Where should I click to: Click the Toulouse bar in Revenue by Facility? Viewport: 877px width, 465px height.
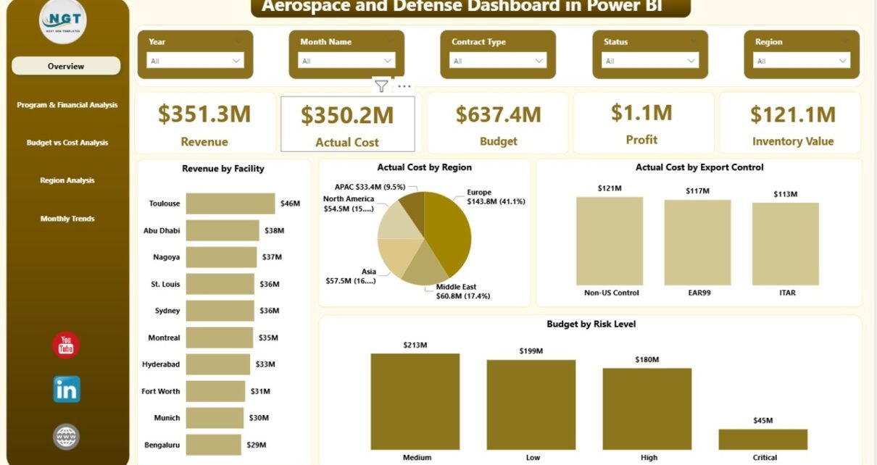(x=230, y=204)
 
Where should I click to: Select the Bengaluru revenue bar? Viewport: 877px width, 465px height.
(x=213, y=445)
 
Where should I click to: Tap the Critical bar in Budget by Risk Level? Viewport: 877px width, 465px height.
(x=763, y=439)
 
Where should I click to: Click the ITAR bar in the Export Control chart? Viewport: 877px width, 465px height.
(x=785, y=243)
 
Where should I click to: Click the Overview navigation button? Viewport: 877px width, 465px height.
(x=66, y=66)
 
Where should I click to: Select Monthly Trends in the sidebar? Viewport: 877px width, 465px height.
(x=67, y=219)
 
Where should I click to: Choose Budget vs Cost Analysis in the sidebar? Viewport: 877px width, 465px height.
(x=67, y=143)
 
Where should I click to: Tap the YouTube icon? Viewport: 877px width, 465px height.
(x=66, y=345)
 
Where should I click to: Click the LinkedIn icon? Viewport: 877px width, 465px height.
(x=67, y=390)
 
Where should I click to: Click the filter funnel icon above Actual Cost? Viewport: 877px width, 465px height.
(x=381, y=86)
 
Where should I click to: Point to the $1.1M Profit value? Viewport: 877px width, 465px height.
(x=641, y=112)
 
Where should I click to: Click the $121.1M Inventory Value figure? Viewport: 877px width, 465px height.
(x=792, y=114)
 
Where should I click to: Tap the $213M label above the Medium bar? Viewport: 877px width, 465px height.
(x=415, y=345)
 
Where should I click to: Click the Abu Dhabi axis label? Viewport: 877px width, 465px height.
(x=162, y=230)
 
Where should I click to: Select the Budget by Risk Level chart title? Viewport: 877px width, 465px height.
(x=591, y=324)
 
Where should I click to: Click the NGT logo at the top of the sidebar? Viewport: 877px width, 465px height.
(x=63, y=22)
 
